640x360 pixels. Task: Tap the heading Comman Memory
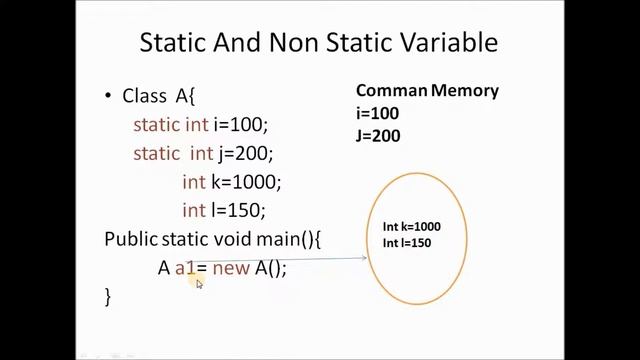point(427,91)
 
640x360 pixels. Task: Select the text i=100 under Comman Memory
point(377,113)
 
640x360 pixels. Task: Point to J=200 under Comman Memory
point(378,134)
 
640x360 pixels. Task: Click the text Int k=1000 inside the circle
point(411,227)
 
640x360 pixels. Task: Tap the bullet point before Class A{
point(109,97)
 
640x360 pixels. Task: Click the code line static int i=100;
point(201,125)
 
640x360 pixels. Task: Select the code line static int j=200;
point(203,154)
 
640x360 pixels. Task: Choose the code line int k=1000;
point(231,182)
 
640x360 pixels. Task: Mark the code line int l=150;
point(223,211)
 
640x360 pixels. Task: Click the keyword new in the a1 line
point(231,268)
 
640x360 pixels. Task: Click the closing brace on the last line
point(108,296)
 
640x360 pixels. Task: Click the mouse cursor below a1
point(199,284)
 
